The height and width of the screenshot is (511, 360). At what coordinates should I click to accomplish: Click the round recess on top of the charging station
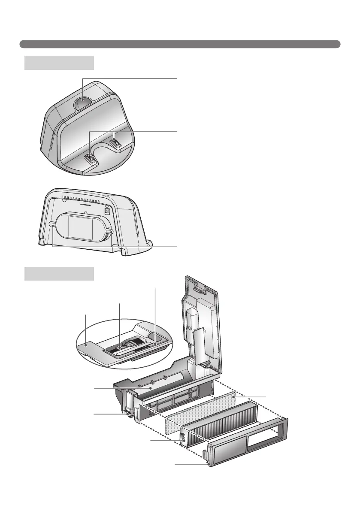pyautogui.click(x=82, y=103)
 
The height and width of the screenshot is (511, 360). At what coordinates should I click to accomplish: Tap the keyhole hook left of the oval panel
pyautogui.click(x=52, y=224)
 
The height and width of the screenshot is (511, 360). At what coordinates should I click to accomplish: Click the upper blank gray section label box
pyautogui.click(x=59, y=62)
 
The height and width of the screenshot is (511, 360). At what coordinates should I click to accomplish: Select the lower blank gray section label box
pyautogui.click(x=59, y=273)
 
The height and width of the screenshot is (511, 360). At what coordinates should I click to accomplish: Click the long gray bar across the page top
pyautogui.click(x=180, y=44)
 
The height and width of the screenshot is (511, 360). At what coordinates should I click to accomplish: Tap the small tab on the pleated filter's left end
pyautogui.click(x=182, y=438)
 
